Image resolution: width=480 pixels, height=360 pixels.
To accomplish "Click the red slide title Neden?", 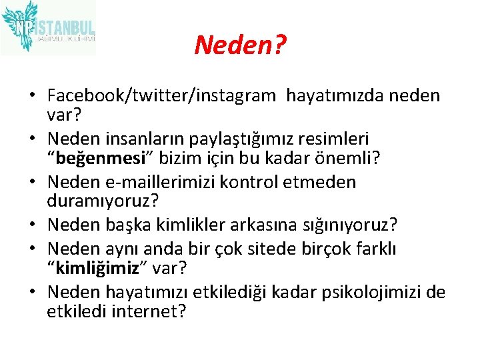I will pyautogui.click(x=240, y=45).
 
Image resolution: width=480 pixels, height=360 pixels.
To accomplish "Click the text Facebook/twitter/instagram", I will pyautogui.click(x=161, y=96).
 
